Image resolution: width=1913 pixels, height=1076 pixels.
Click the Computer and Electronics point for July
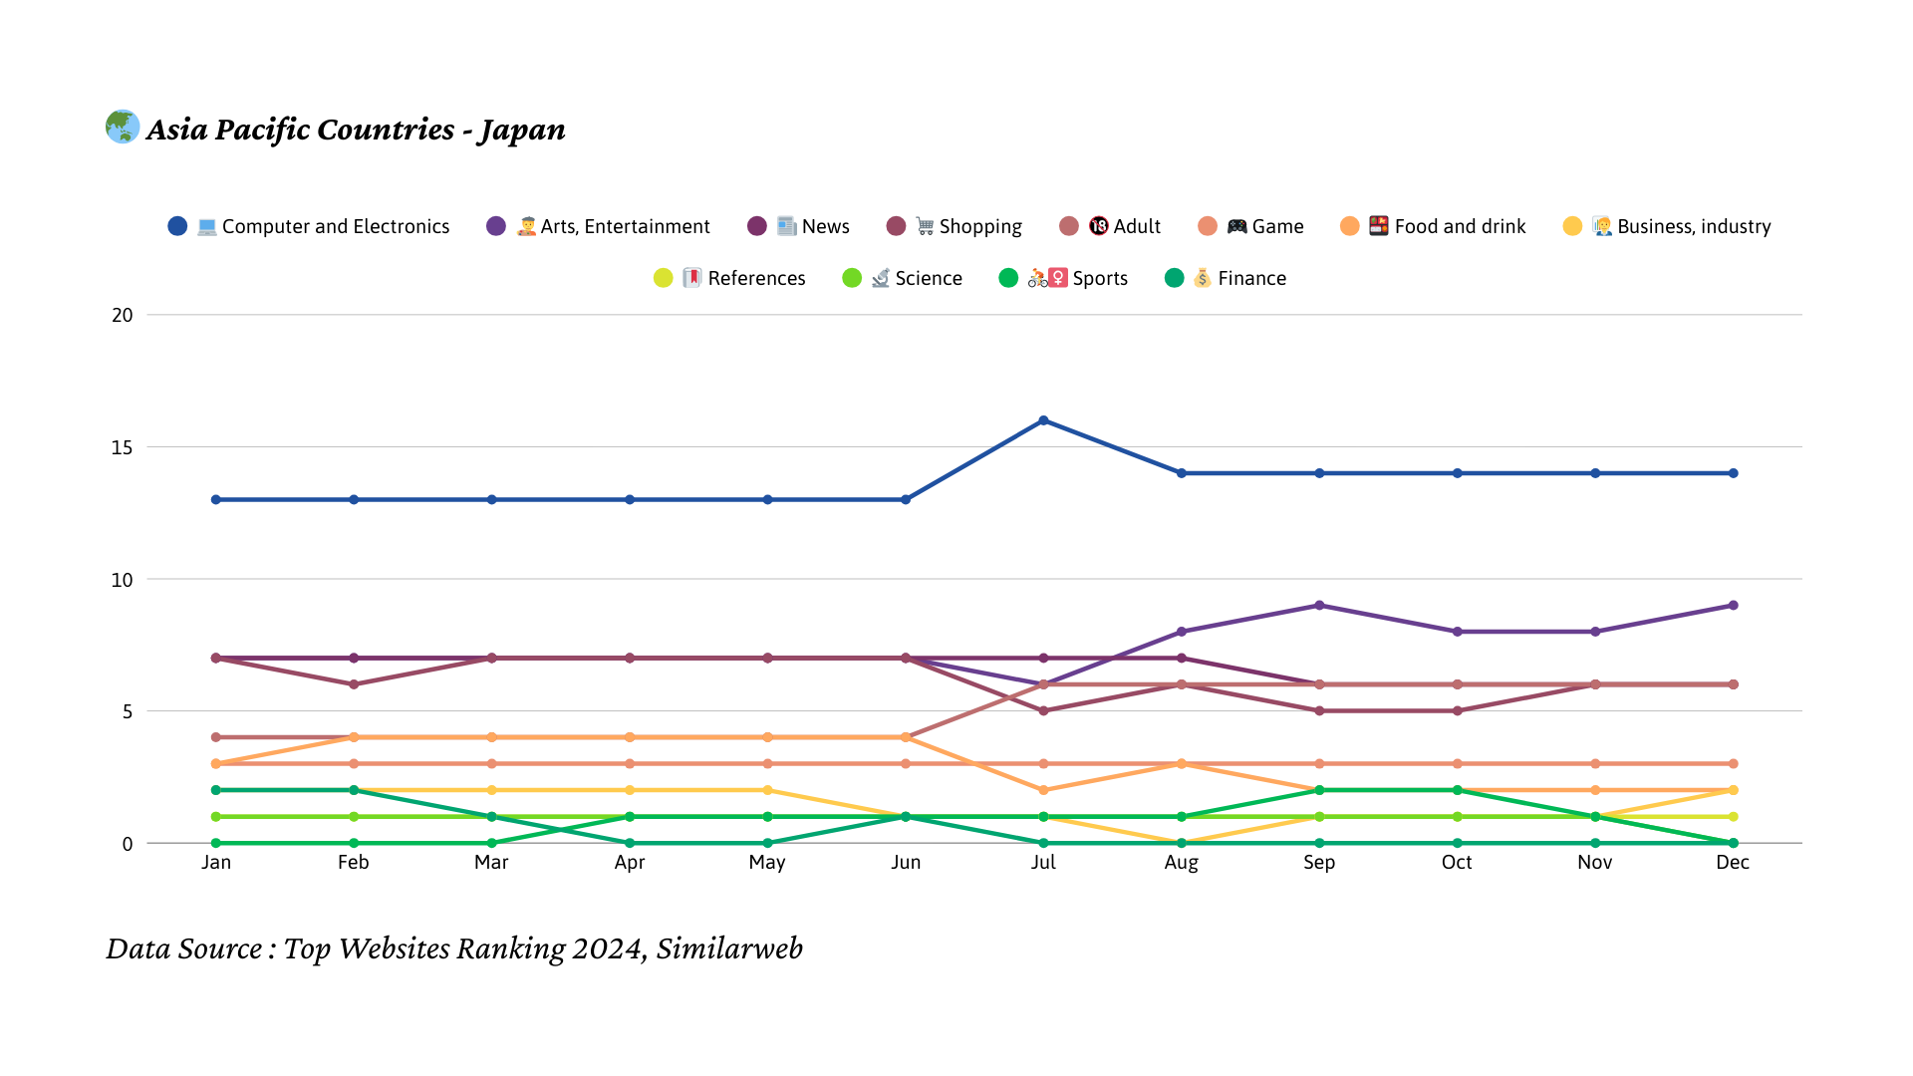[1043, 420]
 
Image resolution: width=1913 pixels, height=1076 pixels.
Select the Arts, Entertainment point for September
[1319, 606]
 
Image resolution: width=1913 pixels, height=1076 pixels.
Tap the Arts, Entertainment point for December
[1733, 606]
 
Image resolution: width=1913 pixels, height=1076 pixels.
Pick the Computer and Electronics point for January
[216, 499]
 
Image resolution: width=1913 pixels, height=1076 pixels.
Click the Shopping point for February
[354, 684]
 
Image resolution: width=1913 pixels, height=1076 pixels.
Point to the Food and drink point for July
[1043, 790]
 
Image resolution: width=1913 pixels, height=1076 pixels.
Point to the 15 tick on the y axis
[122, 447]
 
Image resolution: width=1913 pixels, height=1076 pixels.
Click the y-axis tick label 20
[122, 315]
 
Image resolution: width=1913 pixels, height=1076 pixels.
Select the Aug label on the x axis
[1181, 862]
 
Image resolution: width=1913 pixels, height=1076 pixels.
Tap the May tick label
[767, 862]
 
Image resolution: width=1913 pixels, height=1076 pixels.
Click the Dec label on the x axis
[1733, 862]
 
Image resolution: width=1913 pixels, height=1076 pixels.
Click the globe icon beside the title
[123, 127]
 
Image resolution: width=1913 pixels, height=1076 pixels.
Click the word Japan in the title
[521, 130]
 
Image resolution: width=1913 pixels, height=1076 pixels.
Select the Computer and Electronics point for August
[1182, 473]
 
